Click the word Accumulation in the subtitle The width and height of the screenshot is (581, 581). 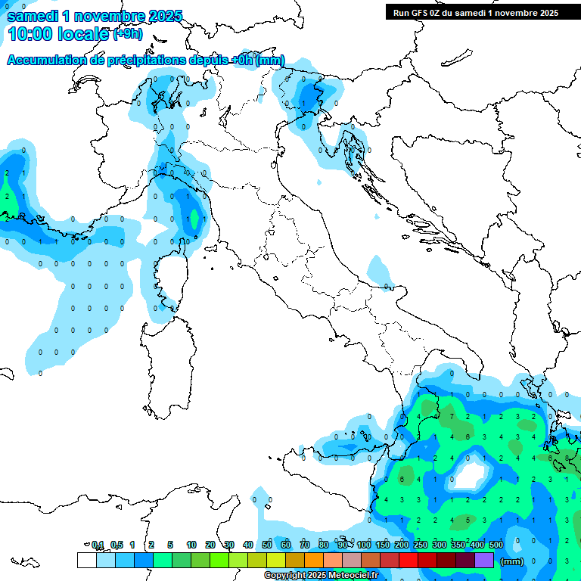point(47,60)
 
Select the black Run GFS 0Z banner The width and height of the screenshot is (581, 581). point(475,12)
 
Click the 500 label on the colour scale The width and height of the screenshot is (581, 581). point(496,545)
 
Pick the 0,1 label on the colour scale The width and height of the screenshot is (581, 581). point(98,545)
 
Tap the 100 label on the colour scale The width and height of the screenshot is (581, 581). point(363,545)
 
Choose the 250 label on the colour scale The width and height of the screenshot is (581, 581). point(420,545)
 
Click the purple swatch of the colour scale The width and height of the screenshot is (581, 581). point(483,560)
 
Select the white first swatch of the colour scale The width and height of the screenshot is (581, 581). point(86,560)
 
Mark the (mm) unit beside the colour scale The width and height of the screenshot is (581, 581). point(512,561)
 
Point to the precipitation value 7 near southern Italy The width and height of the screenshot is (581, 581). point(452,416)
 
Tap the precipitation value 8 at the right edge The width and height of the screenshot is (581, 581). point(567,458)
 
